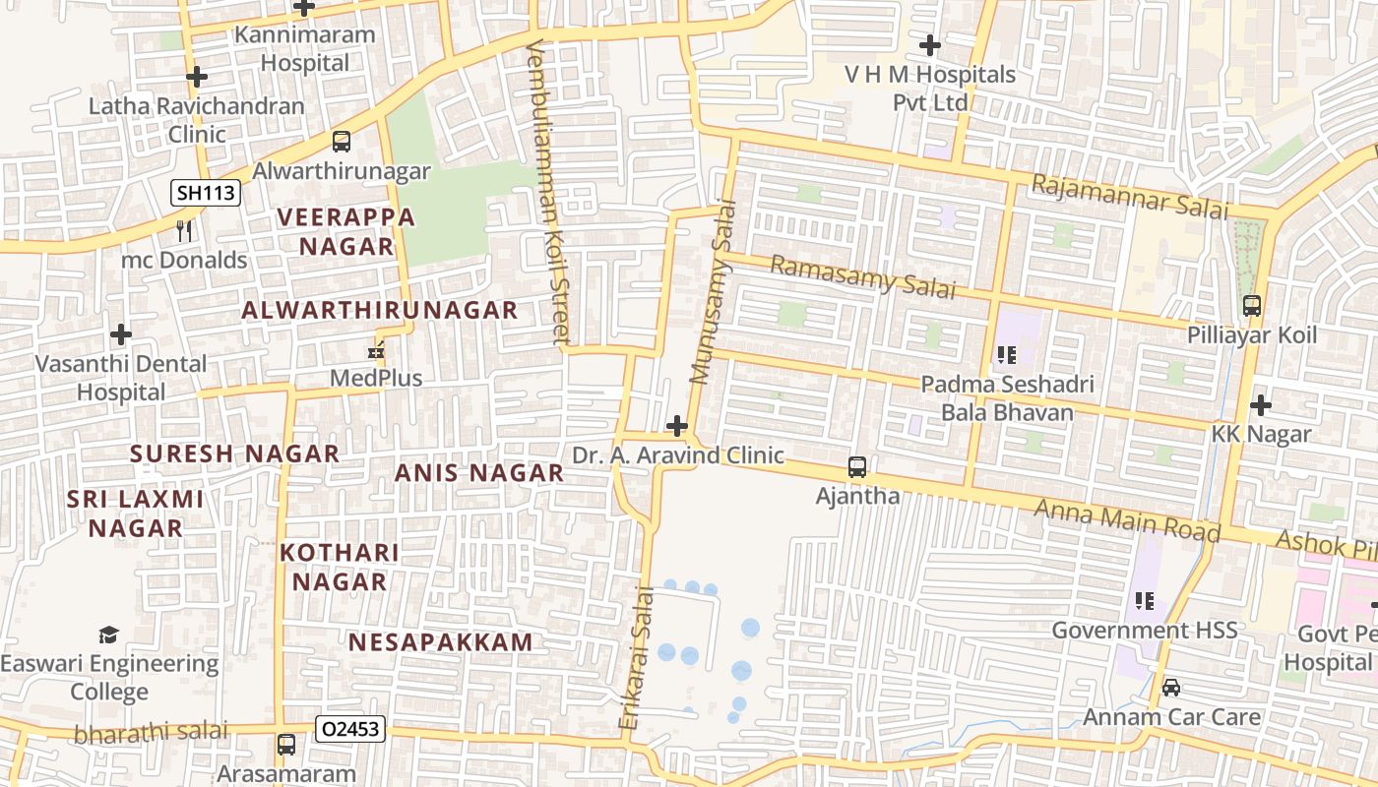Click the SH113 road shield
[x=206, y=193]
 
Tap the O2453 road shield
[x=350, y=729]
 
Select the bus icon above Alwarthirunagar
[x=342, y=142]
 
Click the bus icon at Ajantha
[x=857, y=467]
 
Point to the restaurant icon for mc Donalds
[x=184, y=231]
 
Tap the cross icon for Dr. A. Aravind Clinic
[x=677, y=426]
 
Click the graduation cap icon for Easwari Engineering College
[x=109, y=635]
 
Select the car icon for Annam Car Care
[x=1171, y=688]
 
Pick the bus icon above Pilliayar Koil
[x=1252, y=306]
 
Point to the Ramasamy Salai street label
[x=862, y=276]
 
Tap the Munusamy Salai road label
[x=714, y=292]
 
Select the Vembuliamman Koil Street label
[x=548, y=193]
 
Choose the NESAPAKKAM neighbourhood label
[x=440, y=642]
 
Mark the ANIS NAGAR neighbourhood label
[x=479, y=472]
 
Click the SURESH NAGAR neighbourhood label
[x=235, y=454]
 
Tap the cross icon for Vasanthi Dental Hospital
[x=121, y=334]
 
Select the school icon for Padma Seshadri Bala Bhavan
[x=1006, y=354]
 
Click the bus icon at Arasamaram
[x=286, y=745]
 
